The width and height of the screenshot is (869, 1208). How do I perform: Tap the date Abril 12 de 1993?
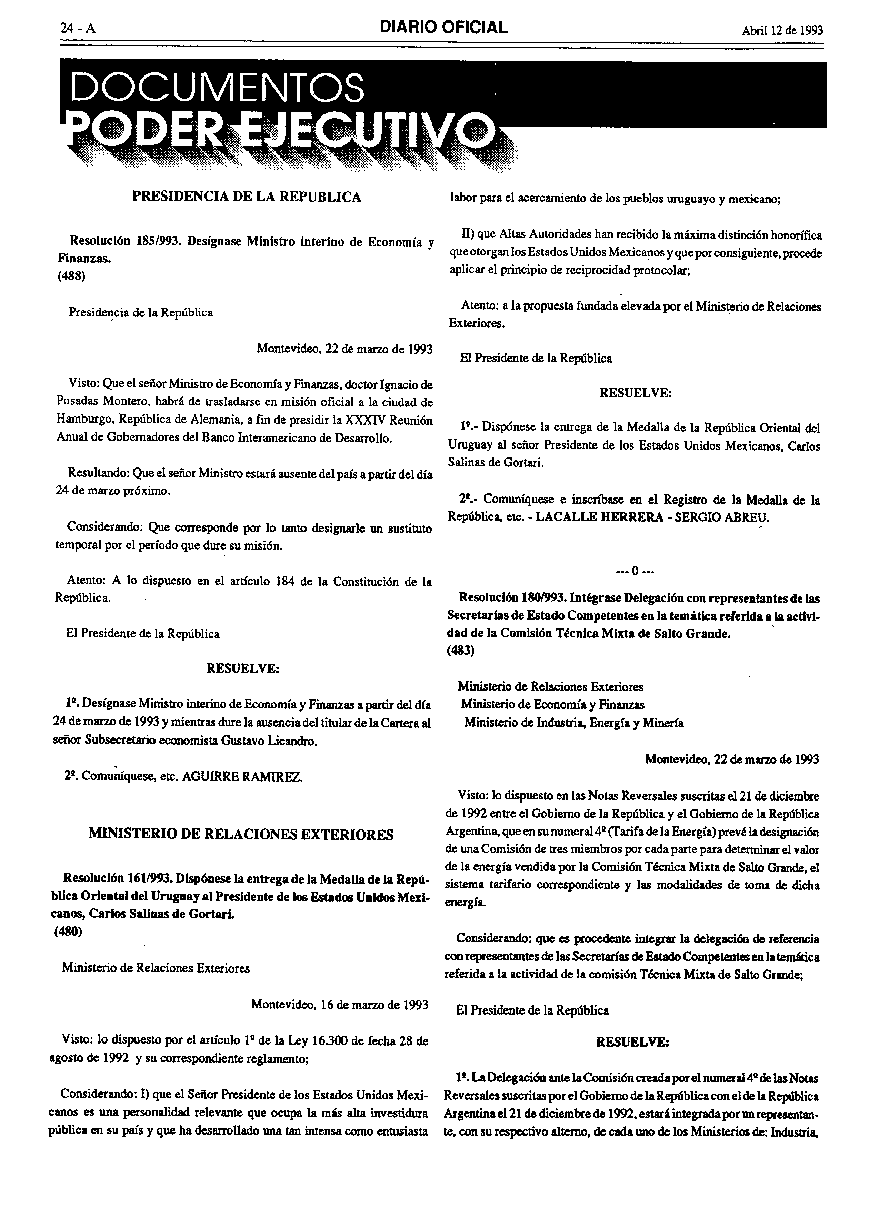click(782, 30)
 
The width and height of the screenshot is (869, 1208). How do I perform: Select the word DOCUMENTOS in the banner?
click(217, 88)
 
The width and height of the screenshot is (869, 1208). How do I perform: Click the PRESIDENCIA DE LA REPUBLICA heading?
click(246, 197)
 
